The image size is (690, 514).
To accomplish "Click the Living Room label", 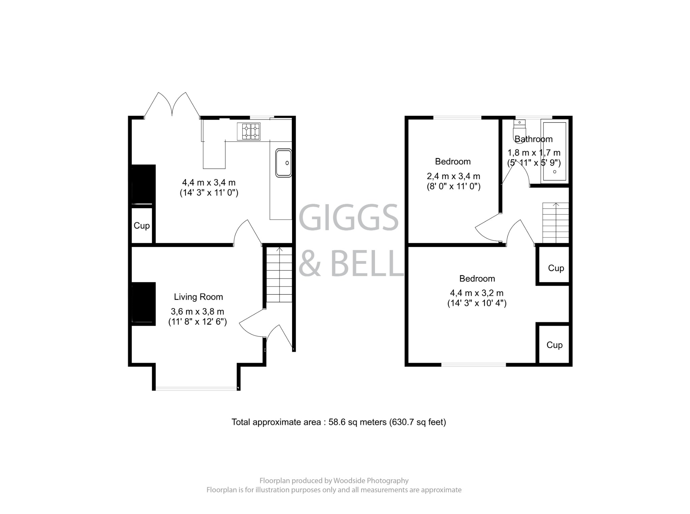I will click(198, 297).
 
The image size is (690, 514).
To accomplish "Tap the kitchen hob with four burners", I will click(249, 131).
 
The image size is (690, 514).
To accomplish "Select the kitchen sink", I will click(283, 163).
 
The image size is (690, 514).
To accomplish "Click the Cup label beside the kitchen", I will click(142, 225).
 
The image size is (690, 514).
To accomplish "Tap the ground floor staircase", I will click(279, 275).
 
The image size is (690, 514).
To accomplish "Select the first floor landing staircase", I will click(555, 223).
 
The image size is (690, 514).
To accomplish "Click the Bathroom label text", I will click(533, 139).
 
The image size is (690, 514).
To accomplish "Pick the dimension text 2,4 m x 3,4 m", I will click(453, 176).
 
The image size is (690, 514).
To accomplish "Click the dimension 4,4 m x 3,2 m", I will click(476, 293).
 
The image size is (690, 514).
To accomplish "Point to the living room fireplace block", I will click(143, 304).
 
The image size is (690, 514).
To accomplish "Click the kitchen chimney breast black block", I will click(143, 184).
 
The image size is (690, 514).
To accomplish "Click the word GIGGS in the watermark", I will click(348, 218).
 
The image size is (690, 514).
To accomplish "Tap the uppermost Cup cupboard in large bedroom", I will click(556, 268).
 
